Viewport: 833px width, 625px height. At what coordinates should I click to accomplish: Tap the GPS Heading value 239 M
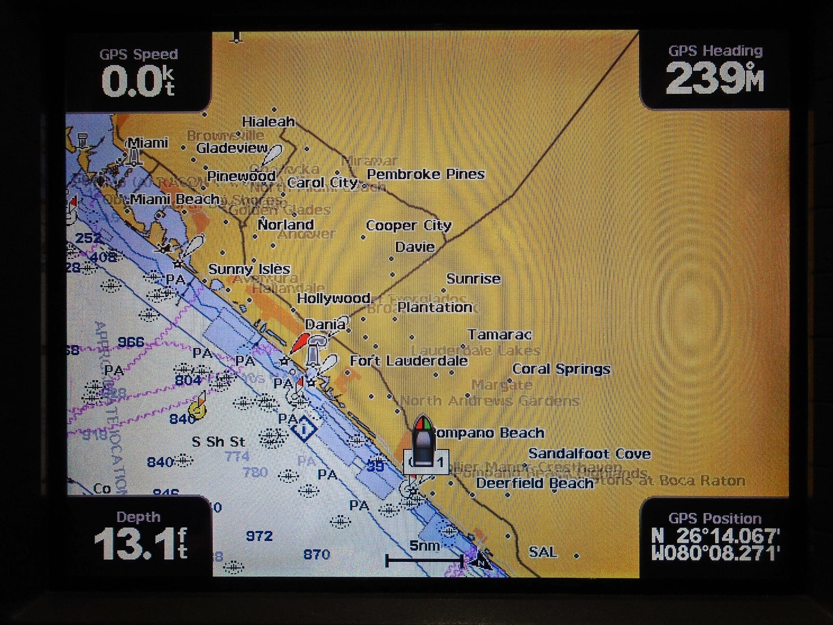(x=714, y=78)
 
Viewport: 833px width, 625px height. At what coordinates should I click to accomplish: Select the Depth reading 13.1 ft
(x=140, y=543)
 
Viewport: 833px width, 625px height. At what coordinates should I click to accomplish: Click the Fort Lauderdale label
(x=408, y=361)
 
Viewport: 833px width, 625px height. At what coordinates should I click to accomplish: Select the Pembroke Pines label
(x=425, y=174)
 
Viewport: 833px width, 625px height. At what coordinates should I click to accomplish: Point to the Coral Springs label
(x=561, y=369)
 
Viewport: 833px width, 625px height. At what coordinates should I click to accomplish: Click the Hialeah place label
(x=268, y=121)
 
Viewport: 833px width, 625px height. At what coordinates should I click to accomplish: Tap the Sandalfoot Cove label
(x=589, y=453)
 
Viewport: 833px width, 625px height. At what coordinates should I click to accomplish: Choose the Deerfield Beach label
(x=534, y=483)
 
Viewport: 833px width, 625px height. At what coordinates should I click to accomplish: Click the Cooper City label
(x=408, y=225)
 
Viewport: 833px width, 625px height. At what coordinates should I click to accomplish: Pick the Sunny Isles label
(x=249, y=269)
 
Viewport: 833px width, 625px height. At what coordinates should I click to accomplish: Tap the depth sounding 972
(x=259, y=536)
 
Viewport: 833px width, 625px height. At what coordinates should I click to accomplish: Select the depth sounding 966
(x=131, y=342)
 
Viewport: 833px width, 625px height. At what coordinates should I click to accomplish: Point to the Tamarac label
(x=499, y=334)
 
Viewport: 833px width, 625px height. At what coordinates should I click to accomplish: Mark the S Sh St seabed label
(x=218, y=441)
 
